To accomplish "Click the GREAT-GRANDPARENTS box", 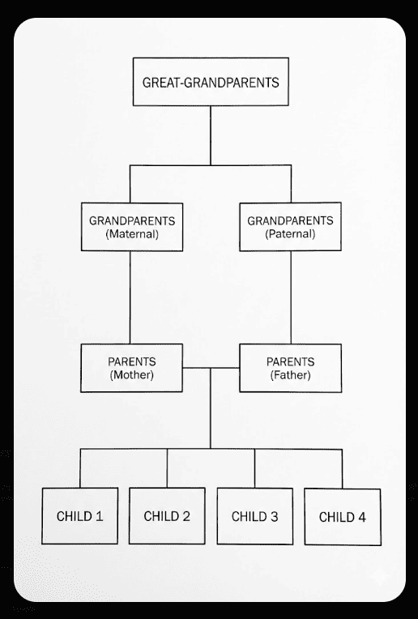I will (x=211, y=82).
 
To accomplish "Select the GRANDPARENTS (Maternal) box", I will (x=131, y=226).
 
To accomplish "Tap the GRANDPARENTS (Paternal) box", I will (x=291, y=226).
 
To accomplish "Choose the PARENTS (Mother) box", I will (x=131, y=368).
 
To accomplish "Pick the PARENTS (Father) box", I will (x=291, y=368).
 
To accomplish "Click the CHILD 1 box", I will (x=79, y=515).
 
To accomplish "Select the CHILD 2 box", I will (x=167, y=515).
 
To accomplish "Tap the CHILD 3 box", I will (x=254, y=515).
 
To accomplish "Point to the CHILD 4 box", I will (x=342, y=516).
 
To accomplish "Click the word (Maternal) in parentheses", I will (x=131, y=234).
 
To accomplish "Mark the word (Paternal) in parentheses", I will (x=291, y=234).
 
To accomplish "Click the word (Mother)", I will (x=131, y=376).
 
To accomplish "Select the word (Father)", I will (x=291, y=376).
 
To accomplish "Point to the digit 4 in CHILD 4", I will (x=360, y=517).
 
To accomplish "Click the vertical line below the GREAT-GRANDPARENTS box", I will (x=211, y=134).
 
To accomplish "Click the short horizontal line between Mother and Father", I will (x=211, y=368).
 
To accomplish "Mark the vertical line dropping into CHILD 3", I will (x=254, y=467).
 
